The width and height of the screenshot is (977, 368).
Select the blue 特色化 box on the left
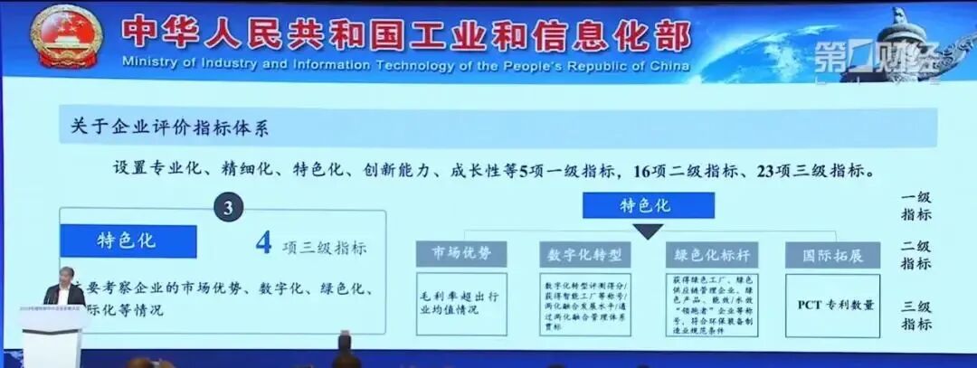click(x=128, y=241)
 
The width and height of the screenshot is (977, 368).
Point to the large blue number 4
click(x=264, y=243)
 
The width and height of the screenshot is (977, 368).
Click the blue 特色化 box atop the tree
click(x=648, y=205)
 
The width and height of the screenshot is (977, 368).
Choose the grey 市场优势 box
click(x=461, y=254)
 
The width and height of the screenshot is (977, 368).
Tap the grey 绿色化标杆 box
click(x=711, y=254)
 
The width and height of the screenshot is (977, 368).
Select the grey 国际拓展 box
click(x=832, y=254)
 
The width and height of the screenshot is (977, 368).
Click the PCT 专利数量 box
click(x=832, y=305)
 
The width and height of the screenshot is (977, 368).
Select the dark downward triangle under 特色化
click(x=648, y=231)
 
